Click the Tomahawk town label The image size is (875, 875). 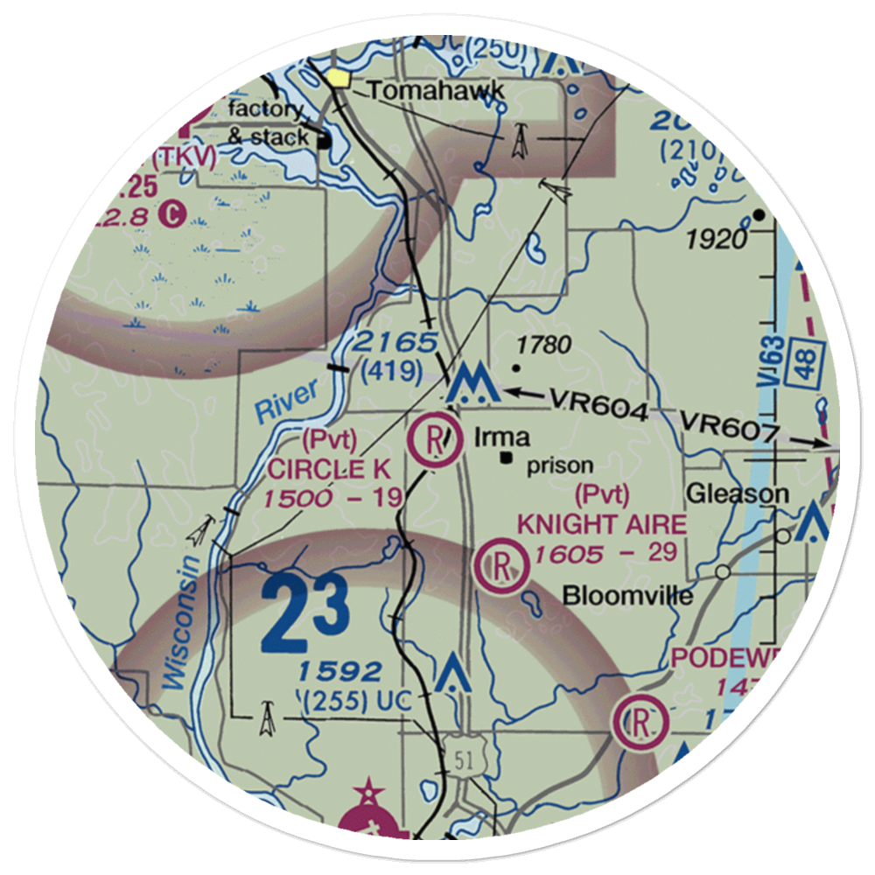click(435, 89)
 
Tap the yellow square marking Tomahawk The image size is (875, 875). click(339, 79)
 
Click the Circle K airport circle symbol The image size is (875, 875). click(436, 441)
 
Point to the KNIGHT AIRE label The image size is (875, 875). click(601, 524)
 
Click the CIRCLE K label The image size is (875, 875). click(328, 469)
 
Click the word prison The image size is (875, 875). click(560, 465)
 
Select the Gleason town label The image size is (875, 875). click(737, 494)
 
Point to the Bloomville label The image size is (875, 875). click(627, 597)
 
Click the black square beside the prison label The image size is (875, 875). click(506, 457)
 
